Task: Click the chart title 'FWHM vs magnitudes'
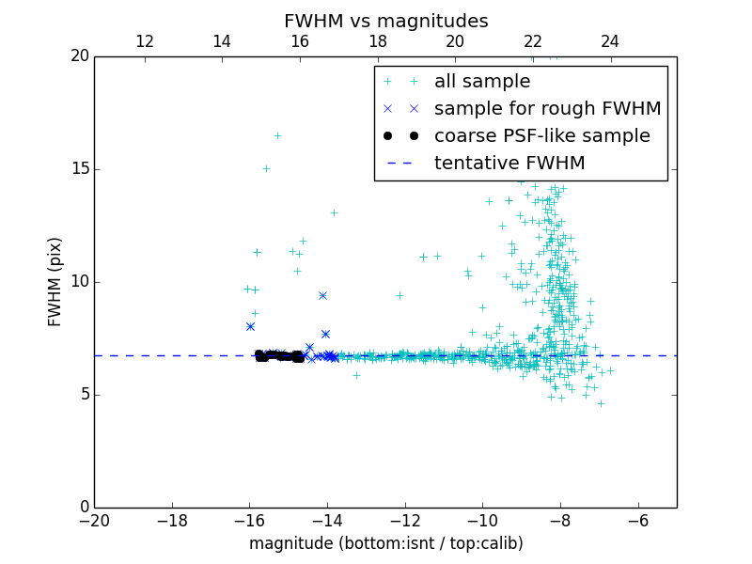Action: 385,21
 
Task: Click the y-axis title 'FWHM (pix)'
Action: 55,281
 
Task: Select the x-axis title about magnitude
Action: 385,543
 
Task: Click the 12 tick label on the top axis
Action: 145,41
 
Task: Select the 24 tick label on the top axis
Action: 610,41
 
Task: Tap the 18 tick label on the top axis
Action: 377,41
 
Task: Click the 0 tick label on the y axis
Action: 83,507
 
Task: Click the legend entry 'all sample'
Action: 481,82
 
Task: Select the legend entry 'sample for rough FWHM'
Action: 547,109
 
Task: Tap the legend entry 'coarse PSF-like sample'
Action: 541,136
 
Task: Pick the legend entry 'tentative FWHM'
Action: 509,164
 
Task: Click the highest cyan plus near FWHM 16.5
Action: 277,135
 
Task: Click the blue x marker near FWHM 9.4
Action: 322,295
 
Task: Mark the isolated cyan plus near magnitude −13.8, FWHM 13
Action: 334,212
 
